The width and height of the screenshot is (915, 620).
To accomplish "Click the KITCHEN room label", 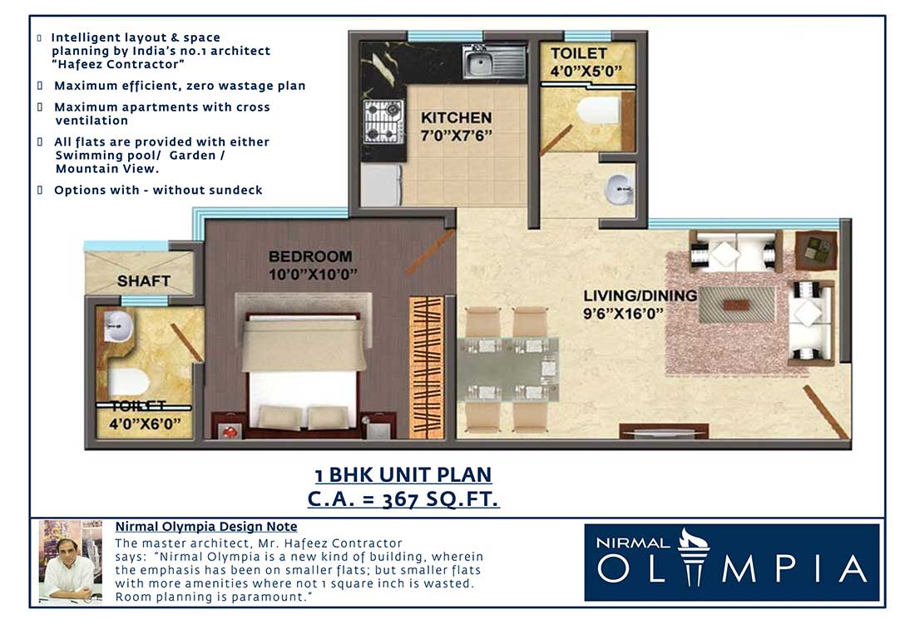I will click(456, 117).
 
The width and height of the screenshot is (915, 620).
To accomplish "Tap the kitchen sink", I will click(494, 62).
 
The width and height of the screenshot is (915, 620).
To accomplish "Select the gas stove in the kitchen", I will click(383, 122).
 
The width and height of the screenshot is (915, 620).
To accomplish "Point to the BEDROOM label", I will click(310, 256).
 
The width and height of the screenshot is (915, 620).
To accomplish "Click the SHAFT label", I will click(144, 281).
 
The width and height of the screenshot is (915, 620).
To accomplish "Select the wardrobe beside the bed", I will click(427, 367).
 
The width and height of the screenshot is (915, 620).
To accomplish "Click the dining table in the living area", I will click(507, 369).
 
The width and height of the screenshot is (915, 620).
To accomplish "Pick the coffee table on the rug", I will click(736, 305).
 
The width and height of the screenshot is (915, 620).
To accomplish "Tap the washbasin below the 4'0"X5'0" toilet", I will click(617, 189).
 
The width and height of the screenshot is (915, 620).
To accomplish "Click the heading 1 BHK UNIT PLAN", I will click(403, 475).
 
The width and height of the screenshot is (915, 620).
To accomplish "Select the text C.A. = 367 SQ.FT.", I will click(403, 499).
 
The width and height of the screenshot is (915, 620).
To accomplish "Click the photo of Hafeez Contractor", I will click(70, 559).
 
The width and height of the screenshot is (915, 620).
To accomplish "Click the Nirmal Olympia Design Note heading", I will click(205, 527).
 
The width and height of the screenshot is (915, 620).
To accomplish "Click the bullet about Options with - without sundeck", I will click(158, 190).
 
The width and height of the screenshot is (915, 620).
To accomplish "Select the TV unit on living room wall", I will click(663, 431).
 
